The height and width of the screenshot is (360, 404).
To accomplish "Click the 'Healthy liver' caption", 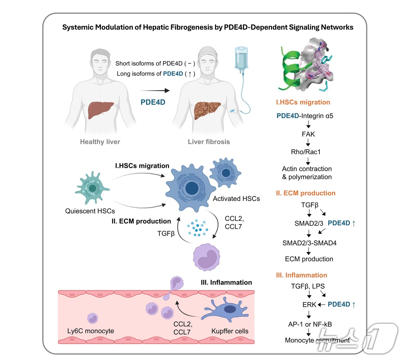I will click(100, 142).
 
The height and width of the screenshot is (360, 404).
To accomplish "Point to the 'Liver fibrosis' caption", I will click(209, 142).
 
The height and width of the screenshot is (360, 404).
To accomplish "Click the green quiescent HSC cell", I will click(92, 188).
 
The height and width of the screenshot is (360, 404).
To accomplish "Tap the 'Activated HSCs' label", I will click(236, 199).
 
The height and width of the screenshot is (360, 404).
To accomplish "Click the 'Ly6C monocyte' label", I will click(91, 331).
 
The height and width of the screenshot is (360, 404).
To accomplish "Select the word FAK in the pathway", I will click(308, 134).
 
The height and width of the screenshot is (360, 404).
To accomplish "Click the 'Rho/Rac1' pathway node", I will click(306, 152).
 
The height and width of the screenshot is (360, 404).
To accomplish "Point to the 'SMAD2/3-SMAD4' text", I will click(309, 243).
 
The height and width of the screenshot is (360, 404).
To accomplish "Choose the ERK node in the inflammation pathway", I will click(309, 305).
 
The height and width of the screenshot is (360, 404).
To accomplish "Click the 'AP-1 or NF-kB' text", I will click(310, 324).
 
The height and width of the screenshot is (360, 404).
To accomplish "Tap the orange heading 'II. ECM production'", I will click(306, 193).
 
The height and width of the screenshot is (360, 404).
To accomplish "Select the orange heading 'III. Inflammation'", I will click(302, 275).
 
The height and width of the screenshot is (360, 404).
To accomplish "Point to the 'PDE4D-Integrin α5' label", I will click(305, 116).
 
